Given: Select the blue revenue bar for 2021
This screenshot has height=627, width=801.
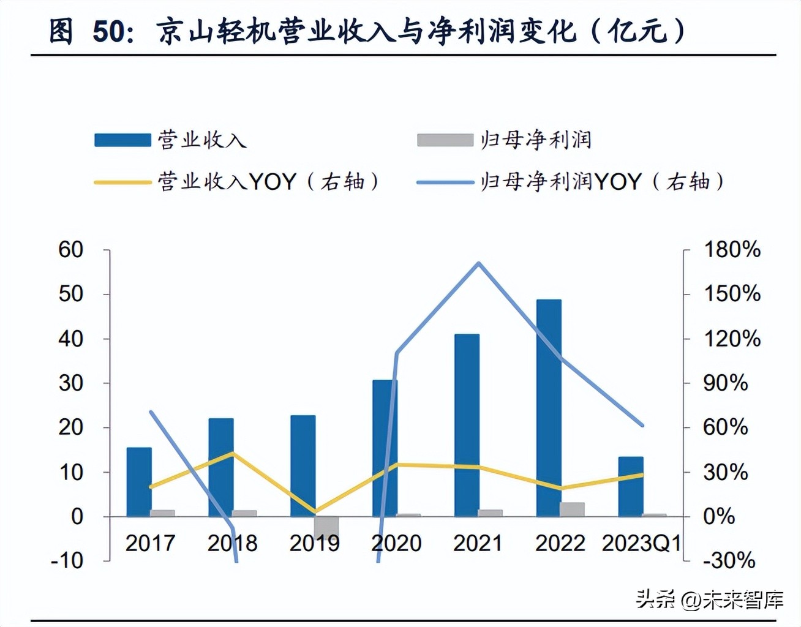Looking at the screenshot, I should coord(467,425).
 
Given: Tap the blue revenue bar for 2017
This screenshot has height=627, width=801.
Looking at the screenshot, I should coord(139,482).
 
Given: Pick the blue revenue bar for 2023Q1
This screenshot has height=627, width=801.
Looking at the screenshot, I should coord(631,486).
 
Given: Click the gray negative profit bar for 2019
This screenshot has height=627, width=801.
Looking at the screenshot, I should coord(326,527).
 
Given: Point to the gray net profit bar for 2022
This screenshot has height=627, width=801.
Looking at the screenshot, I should coord(572,509).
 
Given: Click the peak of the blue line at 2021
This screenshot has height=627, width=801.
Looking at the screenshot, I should coord(479,263).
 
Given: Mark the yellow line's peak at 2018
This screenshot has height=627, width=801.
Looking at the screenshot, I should coord(232,453).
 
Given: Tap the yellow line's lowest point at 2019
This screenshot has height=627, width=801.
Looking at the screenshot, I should coord(315,511).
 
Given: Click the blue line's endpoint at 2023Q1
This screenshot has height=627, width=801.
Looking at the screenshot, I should coord(642,425).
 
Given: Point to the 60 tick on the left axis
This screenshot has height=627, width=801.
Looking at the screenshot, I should coord(71,249).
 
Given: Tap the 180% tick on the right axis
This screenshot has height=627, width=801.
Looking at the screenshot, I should coord(731,249).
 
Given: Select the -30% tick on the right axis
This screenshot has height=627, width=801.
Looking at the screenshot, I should coord(729,560).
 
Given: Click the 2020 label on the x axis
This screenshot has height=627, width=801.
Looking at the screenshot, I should coord(396,543).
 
